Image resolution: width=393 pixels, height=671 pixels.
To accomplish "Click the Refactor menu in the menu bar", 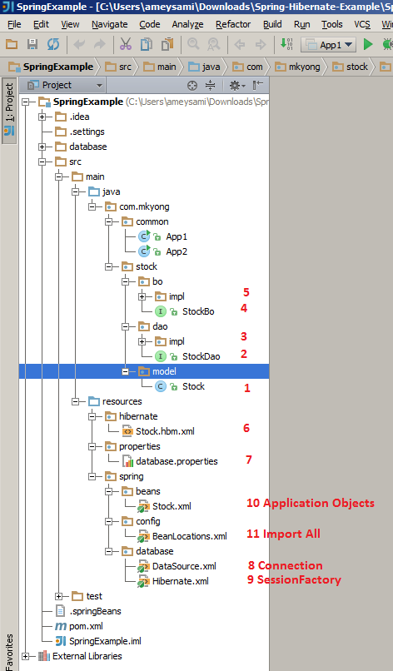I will pyautogui.click(x=232, y=24).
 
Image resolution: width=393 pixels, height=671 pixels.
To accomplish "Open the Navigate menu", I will pyautogui.click(x=109, y=24).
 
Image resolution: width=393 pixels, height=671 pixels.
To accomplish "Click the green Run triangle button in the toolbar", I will pyautogui.click(x=367, y=43).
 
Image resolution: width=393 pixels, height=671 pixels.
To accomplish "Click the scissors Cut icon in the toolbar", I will pyautogui.click(x=126, y=43).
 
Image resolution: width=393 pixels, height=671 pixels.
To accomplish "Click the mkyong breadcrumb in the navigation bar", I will pyautogui.click(x=306, y=65).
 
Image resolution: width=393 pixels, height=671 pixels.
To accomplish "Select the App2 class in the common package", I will pyautogui.click(x=176, y=251).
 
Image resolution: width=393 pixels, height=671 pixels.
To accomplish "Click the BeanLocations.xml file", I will pyautogui.click(x=189, y=536).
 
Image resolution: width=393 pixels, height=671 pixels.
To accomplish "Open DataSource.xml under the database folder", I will pyautogui.click(x=184, y=566).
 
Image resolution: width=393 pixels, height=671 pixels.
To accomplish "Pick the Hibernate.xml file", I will pyautogui.click(x=181, y=581).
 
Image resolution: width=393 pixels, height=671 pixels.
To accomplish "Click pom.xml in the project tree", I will pyautogui.click(x=85, y=626).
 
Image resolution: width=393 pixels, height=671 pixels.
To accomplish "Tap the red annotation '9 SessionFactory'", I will pyautogui.click(x=294, y=580).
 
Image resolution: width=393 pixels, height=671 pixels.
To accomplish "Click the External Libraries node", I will pyautogui.click(x=87, y=656).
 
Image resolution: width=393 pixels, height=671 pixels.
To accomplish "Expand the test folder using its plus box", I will pyautogui.click(x=59, y=596).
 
